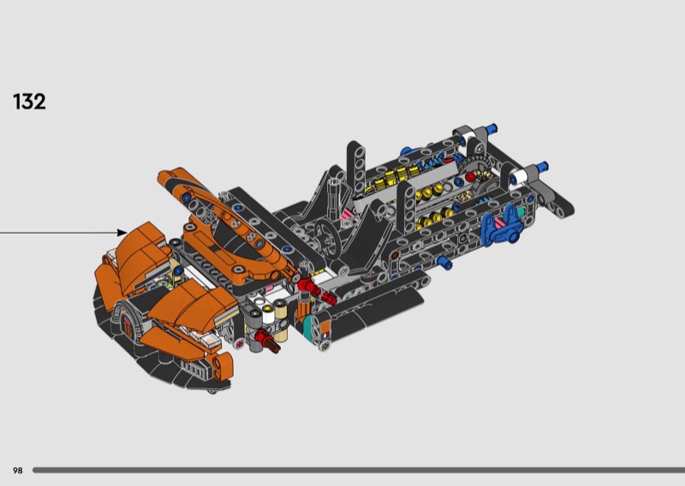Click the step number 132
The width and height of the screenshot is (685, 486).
click(x=29, y=102)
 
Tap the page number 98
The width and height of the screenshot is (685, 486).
click(x=17, y=471)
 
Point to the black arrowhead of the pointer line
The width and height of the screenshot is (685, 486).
click(x=122, y=233)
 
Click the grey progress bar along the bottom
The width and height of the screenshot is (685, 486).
click(x=359, y=471)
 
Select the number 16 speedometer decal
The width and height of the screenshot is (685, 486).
click(x=127, y=325)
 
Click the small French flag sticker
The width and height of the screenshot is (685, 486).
click(x=325, y=335)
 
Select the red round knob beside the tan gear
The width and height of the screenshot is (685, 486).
click(x=470, y=177)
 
